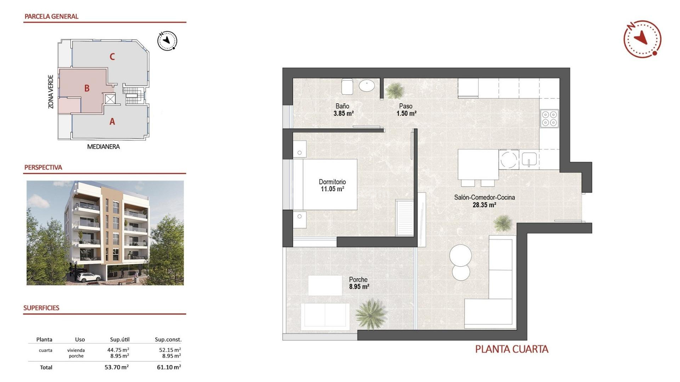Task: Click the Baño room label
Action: [x=342, y=106]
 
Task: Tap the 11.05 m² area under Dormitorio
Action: [x=332, y=189]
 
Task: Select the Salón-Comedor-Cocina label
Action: [x=484, y=197]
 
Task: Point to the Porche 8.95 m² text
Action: [x=359, y=283]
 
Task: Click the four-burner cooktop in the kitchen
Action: [x=549, y=118]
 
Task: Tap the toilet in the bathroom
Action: [x=347, y=87]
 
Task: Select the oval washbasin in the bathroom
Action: [x=367, y=86]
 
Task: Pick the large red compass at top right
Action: [x=642, y=39]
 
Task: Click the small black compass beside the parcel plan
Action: [x=167, y=41]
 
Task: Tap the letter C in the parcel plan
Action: [x=112, y=57]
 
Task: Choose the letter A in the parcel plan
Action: [x=112, y=121]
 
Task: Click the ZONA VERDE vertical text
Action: [x=51, y=92]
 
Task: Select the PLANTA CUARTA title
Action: [x=511, y=349]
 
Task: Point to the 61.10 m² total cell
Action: [x=169, y=367]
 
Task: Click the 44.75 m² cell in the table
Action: [x=118, y=350]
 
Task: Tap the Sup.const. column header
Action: [x=168, y=340]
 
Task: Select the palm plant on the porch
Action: [x=370, y=313]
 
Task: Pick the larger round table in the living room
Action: [x=460, y=255]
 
